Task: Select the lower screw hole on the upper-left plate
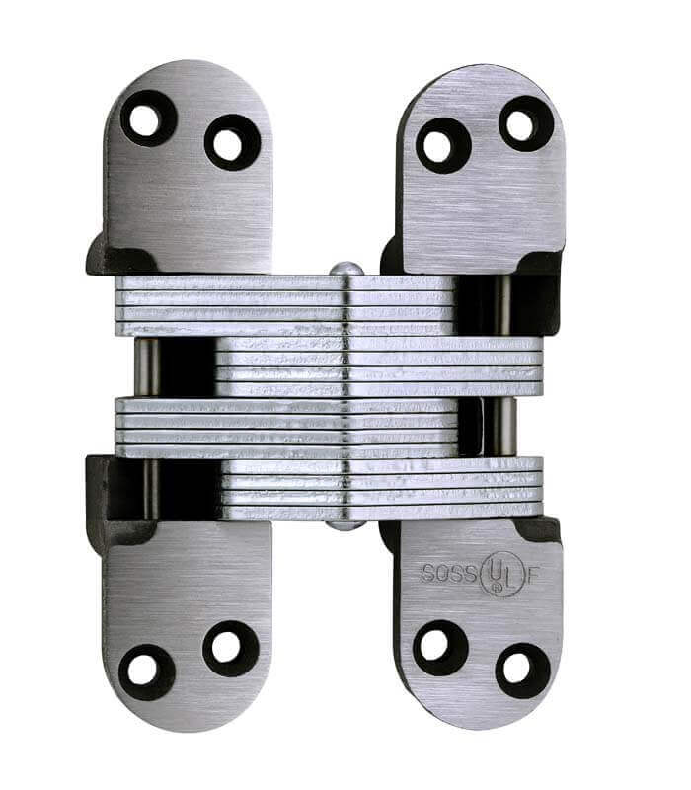(x=231, y=143)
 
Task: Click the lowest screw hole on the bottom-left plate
(x=145, y=670)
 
